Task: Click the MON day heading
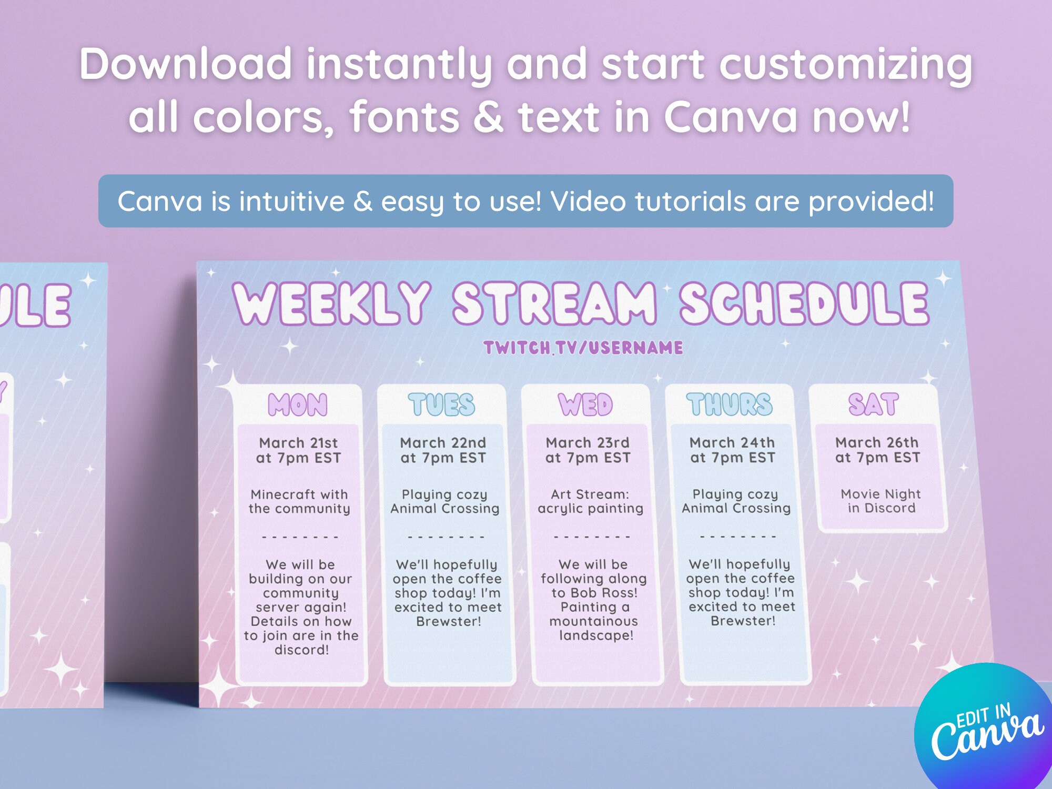click(x=298, y=405)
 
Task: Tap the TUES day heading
click(x=442, y=404)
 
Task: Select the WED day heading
click(x=585, y=404)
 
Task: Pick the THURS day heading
click(x=730, y=404)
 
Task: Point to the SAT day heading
click(x=873, y=404)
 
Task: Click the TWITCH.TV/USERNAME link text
click(x=583, y=348)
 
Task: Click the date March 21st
click(x=298, y=443)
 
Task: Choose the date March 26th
click(x=877, y=442)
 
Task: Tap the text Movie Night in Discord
click(x=881, y=501)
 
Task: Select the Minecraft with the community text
click(x=299, y=501)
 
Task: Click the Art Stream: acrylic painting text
click(x=590, y=501)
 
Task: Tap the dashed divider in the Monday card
click(x=300, y=538)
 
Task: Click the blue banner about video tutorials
click(x=526, y=201)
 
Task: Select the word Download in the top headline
click(x=186, y=64)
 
